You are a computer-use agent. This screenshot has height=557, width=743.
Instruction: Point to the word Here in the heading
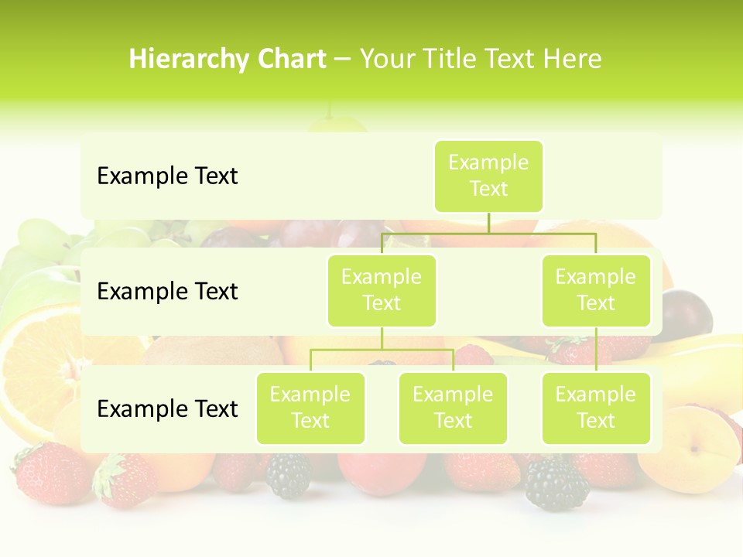tap(573, 59)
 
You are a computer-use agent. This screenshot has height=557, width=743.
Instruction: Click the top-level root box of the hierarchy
tap(488, 176)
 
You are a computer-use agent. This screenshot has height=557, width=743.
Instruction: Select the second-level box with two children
tap(382, 290)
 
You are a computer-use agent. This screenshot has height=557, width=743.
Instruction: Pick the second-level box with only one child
tap(596, 290)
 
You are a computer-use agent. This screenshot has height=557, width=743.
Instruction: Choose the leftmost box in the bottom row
tap(310, 408)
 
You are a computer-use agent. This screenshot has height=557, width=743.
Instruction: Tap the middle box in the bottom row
tap(453, 408)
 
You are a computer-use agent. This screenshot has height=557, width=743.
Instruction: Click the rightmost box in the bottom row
tap(596, 408)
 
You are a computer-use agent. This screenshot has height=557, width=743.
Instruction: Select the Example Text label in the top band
tap(167, 176)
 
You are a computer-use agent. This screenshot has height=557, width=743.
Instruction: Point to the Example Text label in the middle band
tap(167, 291)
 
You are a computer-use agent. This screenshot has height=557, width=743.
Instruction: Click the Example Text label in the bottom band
tap(167, 408)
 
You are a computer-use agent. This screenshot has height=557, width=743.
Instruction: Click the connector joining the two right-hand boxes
tap(596, 350)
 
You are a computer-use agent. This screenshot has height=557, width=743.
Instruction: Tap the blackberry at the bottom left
tap(288, 475)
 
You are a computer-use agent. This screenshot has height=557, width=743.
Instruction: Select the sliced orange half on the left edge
tap(39, 364)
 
